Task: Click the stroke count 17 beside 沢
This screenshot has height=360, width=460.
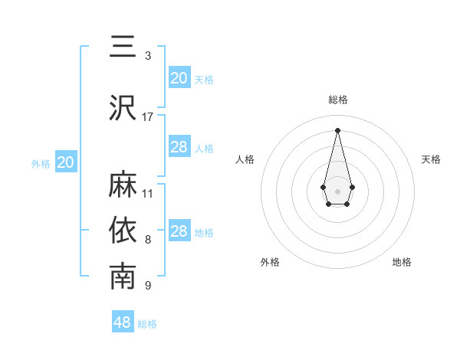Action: tap(148, 116)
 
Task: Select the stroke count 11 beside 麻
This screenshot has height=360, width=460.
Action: tap(148, 193)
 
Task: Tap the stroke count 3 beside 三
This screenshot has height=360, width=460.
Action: tap(148, 55)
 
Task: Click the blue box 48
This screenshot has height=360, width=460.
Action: tap(123, 322)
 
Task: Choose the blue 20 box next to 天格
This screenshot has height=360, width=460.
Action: tap(179, 78)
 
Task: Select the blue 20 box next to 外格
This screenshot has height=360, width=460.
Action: tap(66, 162)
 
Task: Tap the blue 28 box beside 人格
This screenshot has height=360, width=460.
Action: tap(179, 147)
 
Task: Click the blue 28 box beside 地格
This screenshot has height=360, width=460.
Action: tap(179, 231)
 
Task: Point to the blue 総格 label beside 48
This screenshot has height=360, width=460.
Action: tap(147, 324)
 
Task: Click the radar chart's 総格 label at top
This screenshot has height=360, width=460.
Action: tap(337, 100)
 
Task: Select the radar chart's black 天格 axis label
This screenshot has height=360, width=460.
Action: tap(431, 159)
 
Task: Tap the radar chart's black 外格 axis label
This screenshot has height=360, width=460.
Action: tap(270, 262)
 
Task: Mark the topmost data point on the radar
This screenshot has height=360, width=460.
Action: tap(337, 130)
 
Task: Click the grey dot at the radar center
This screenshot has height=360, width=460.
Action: tap(337, 190)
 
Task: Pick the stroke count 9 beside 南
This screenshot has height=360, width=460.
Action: tap(148, 286)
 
